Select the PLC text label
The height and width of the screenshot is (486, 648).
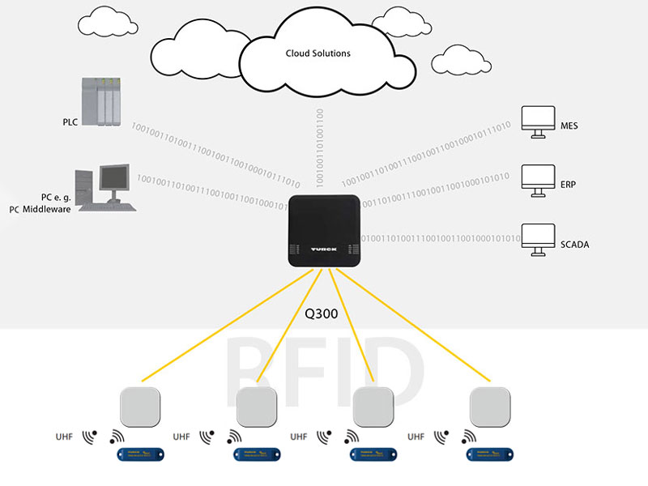click(70, 122)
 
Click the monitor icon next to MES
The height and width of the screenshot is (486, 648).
click(535, 120)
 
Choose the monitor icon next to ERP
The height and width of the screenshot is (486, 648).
click(535, 177)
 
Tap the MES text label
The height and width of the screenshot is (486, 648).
click(569, 126)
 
